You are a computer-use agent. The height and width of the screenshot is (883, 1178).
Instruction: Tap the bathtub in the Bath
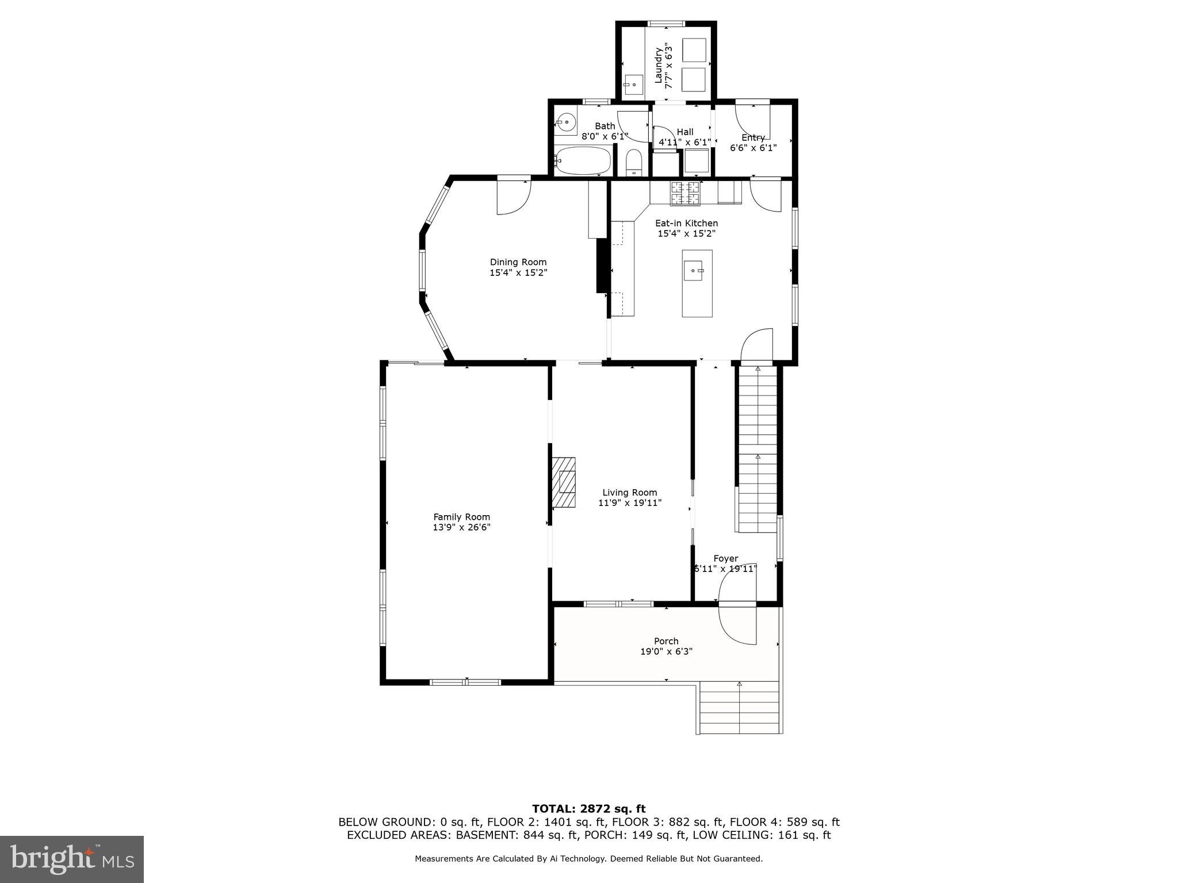[x=582, y=161]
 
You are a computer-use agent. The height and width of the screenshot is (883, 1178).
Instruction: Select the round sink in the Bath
[x=567, y=122]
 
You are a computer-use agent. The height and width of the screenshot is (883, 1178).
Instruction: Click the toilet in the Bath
[x=633, y=163]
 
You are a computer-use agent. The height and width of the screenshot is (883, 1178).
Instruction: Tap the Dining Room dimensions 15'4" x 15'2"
[x=518, y=273]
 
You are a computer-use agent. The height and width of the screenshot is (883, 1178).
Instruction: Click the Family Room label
[x=461, y=517]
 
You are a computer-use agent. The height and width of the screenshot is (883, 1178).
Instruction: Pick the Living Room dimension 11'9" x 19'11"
[x=630, y=503]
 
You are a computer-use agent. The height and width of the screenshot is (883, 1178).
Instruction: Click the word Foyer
[x=725, y=558]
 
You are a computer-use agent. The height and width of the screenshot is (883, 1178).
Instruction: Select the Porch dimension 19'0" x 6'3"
[x=666, y=651]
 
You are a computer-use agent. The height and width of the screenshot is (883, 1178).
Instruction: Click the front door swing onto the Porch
[x=738, y=625]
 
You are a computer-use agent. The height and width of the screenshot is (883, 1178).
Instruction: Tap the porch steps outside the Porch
[x=740, y=708]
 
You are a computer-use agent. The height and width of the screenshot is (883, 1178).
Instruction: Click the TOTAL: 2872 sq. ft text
[x=588, y=809]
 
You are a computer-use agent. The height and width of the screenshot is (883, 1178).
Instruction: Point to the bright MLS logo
[x=72, y=859]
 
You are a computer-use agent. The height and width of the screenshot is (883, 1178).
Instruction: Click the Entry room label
[x=753, y=137]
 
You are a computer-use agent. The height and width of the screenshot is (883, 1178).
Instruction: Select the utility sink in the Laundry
[x=633, y=85]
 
